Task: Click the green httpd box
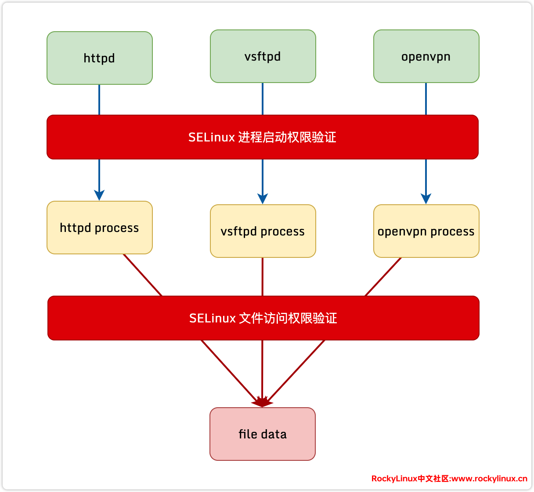point(99,58)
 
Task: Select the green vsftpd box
point(263,56)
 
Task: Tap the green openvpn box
point(426,56)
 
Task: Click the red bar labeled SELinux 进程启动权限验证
point(262,137)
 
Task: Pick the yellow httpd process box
point(99,228)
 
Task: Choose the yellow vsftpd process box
point(263,231)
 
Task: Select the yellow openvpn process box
point(426,231)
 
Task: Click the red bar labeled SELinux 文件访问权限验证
point(263,318)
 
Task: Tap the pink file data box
point(262,434)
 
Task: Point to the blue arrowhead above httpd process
point(99,195)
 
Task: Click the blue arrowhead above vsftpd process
point(263,198)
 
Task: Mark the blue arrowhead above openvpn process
point(426,198)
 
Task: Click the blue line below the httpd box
point(99,100)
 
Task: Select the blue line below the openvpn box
point(426,99)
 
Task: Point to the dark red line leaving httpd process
point(143,275)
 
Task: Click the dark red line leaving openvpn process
point(383,277)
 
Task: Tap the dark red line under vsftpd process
point(263,277)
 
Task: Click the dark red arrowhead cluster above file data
point(262,402)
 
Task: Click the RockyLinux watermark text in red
point(449,478)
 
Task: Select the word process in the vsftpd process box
point(282,232)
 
